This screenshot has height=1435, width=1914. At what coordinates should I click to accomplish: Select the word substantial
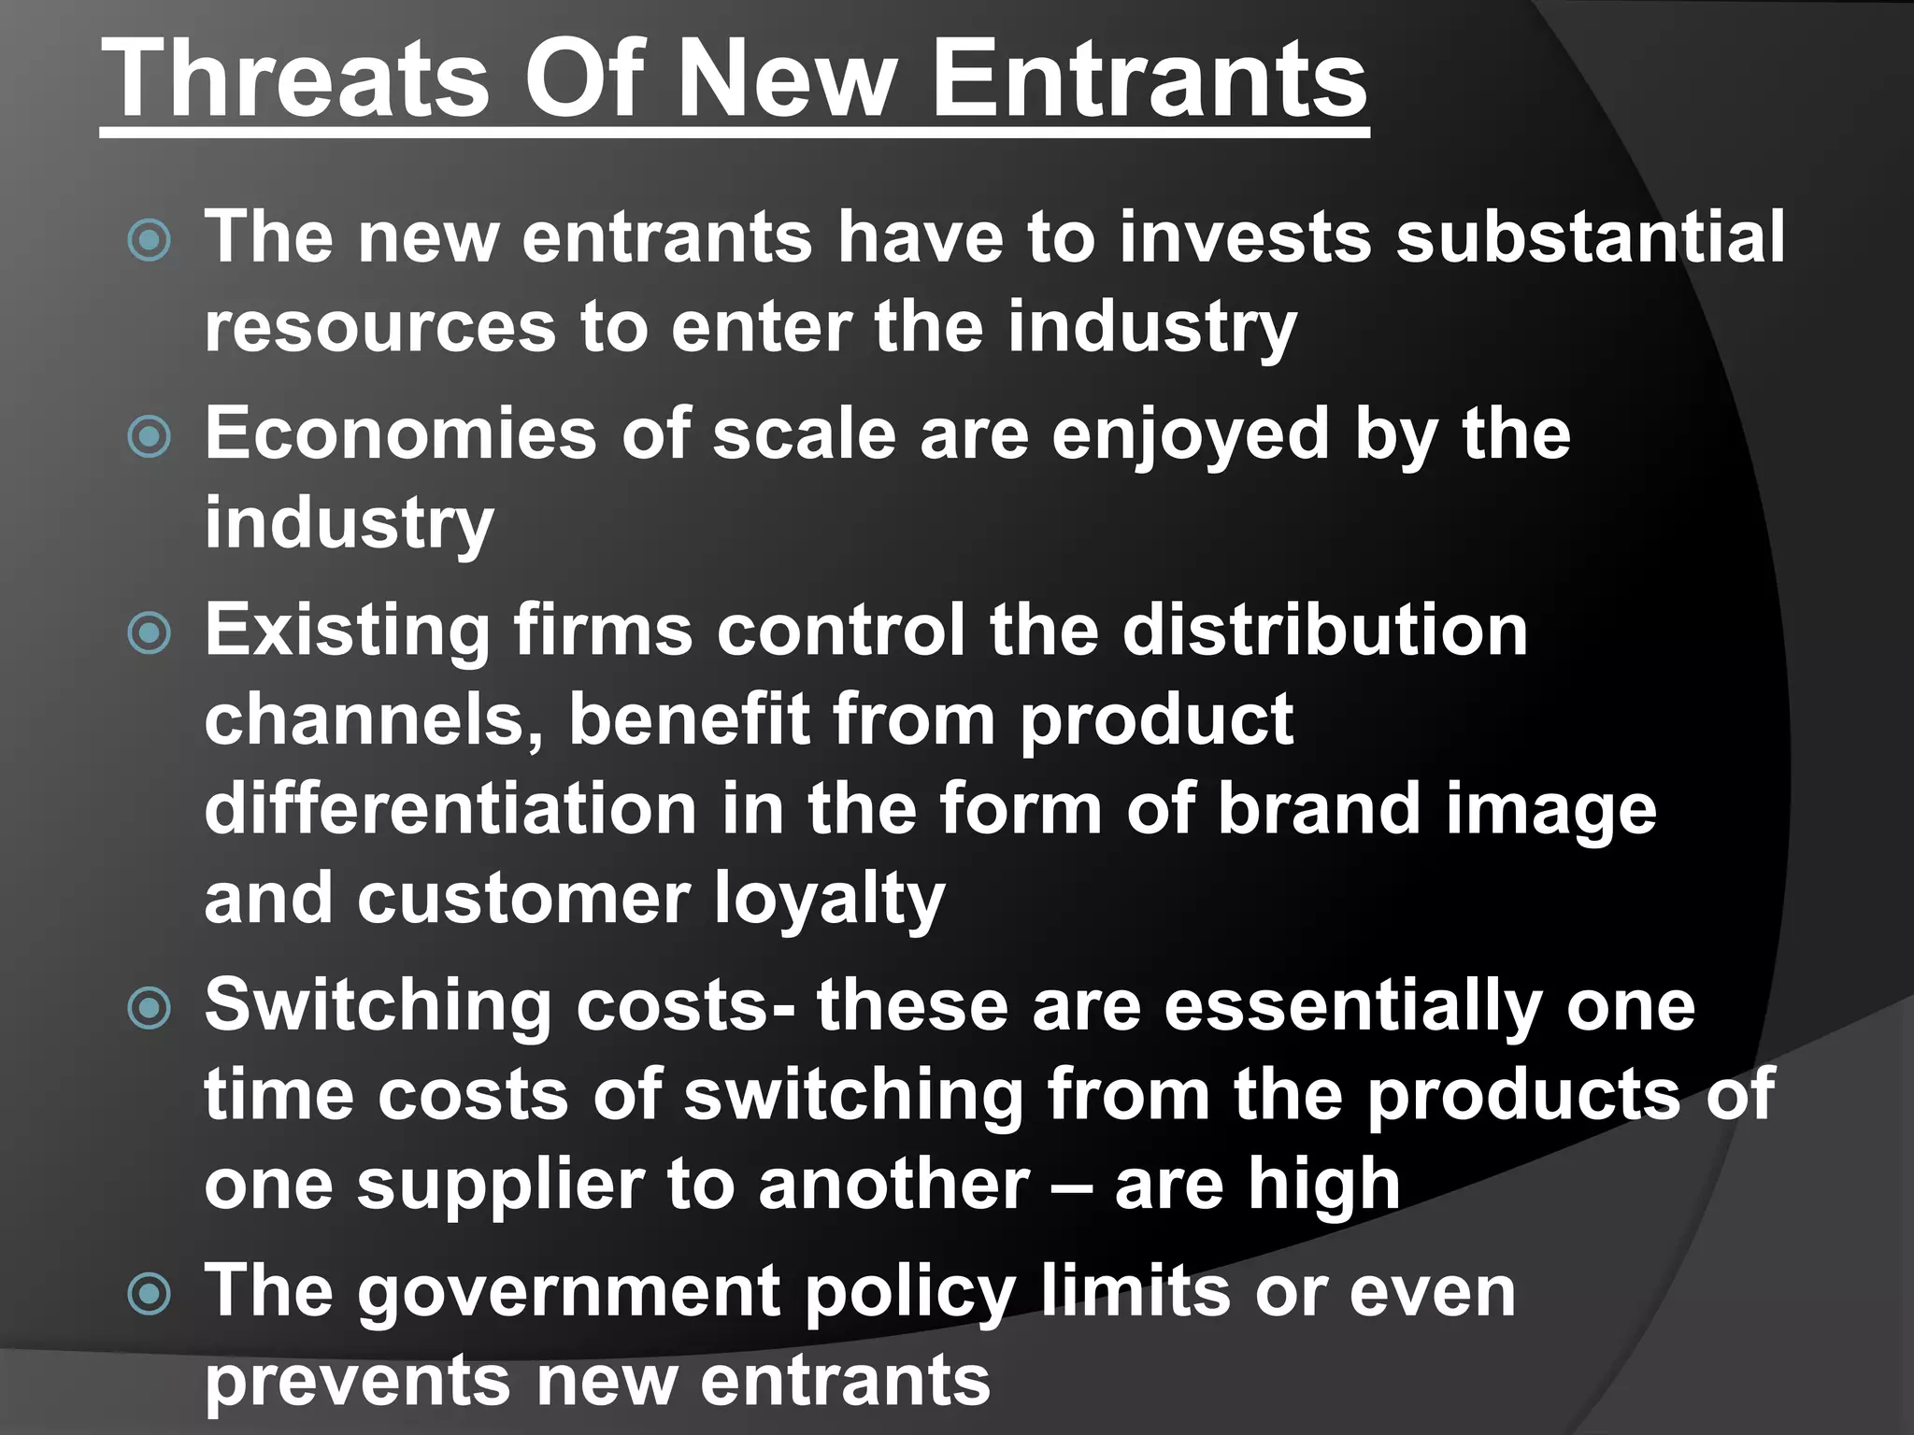click(x=1590, y=236)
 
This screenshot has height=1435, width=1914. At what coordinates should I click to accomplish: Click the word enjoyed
click(x=1190, y=435)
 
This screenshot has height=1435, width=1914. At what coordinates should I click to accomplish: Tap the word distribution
click(x=1324, y=630)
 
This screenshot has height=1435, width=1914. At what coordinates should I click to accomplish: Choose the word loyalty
click(x=829, y=899)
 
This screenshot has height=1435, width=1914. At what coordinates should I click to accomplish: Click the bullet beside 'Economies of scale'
click(x=150, y=436)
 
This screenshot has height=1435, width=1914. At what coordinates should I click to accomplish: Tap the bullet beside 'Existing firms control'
click(x=150, y=632)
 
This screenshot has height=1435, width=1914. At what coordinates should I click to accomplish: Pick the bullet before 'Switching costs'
click(x=150, y=1008)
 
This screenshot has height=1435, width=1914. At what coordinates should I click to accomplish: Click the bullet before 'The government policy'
click(x=150, y=1294)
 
